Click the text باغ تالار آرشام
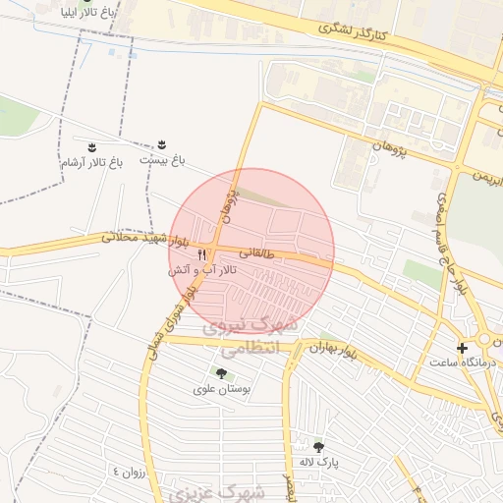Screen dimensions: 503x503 coord(92,162)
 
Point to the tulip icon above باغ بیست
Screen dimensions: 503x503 coord(162,143)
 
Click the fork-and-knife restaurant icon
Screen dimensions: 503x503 coord(202,254)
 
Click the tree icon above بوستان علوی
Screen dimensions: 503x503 coord(220,373)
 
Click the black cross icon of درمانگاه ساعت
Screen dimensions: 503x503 coord(462,347)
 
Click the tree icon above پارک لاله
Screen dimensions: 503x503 coord(317,446)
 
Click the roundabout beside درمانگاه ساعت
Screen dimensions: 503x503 coord(486,341)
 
